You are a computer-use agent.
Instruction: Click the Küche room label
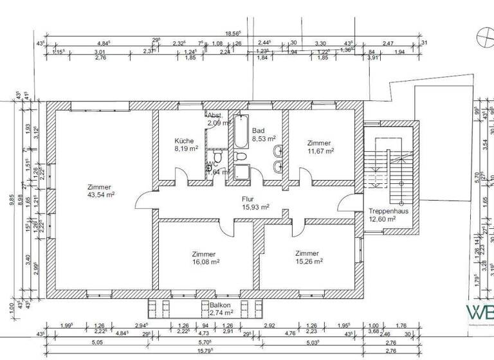click(x=185, y=140)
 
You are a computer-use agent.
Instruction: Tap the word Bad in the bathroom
click(x=258, y=129)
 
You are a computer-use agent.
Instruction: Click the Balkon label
click(x=219, y=305)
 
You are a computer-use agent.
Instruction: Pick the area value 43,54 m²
click(x=101, y=194)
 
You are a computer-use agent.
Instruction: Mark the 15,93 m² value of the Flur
click(x=255, y=206)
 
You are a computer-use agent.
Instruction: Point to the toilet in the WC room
click(x=219, y=157)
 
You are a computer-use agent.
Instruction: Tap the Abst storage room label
click(x=214, y=115)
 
